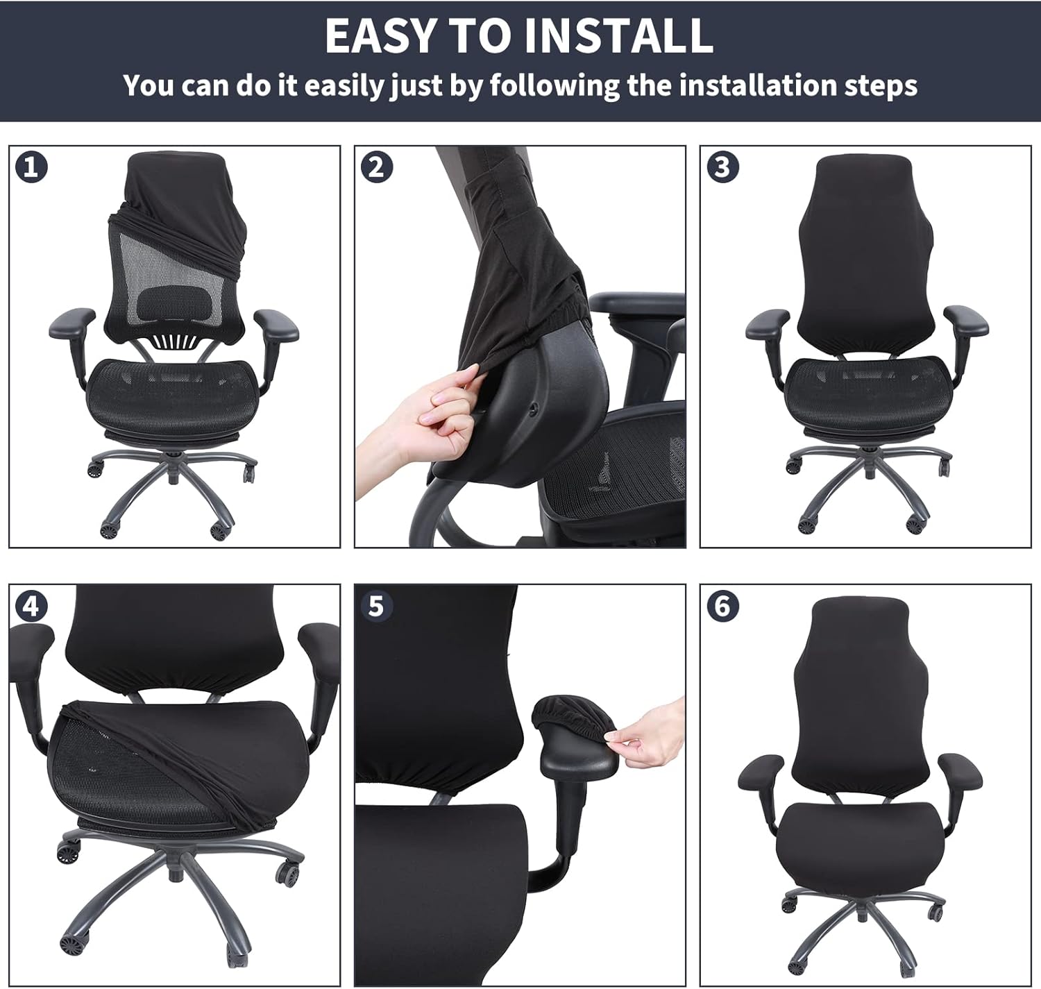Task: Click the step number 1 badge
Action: [x=31, y=167]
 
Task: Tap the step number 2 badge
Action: [x=377, y=167]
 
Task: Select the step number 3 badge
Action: [x=722, y=167]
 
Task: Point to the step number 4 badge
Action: [x=31, y=606]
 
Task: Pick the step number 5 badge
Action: [x=377, y=606]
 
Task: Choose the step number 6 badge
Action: [x=722, y=606]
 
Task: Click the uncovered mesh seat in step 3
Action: [x=865, y=389]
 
